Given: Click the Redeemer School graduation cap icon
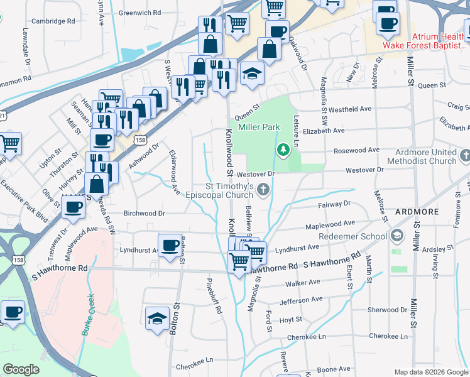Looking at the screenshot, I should tap(396, 236).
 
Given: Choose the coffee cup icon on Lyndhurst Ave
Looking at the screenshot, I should tap(169, 246).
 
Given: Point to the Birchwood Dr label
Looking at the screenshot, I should tap(144, 213).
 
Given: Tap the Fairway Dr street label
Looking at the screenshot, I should tap(334, 204).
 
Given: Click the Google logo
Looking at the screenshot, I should tap(21, 369).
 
